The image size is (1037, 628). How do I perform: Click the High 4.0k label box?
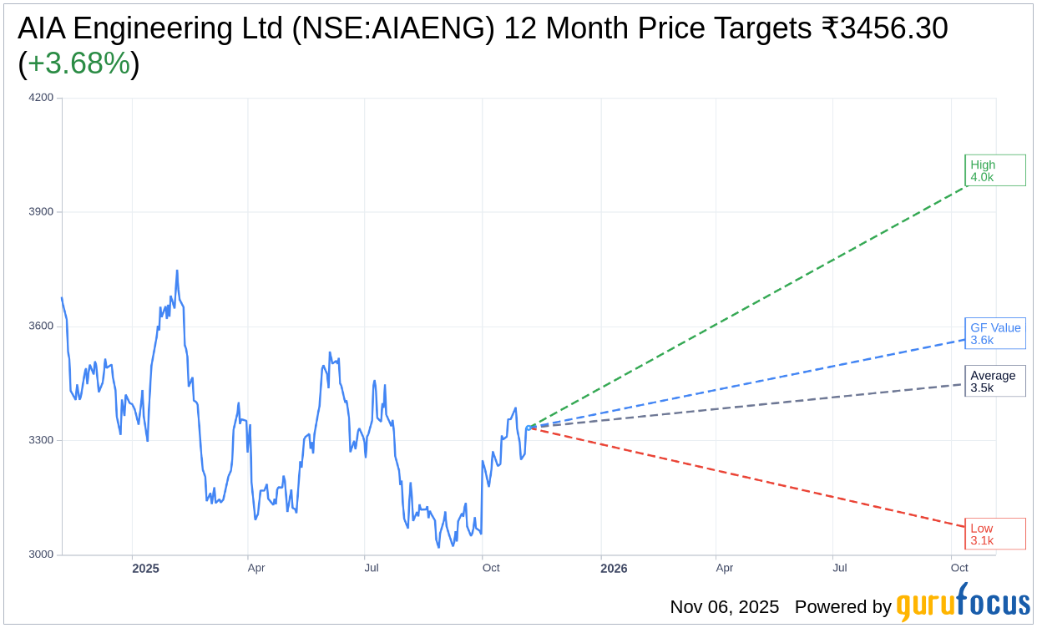pos(994,170)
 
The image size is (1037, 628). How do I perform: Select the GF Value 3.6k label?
pos(994,333)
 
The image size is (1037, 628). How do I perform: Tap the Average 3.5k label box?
pos(994,381)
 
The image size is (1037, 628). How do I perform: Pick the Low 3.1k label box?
pos(994,534)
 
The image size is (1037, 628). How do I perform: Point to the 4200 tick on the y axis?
pos(42,97)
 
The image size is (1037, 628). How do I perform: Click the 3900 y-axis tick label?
pos(42,211)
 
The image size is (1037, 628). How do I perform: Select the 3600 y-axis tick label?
pos(42,326)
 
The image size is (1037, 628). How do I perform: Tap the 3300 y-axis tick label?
pos(42,440)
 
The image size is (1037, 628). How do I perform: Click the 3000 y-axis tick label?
pos(42,555)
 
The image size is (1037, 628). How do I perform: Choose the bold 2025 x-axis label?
pos(145,569)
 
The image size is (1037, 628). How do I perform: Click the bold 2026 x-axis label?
pos(614,569)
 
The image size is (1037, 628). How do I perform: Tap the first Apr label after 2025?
pos(256,568)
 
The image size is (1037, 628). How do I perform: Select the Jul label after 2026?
pos(840,568)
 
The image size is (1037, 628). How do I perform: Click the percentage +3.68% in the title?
pos(78,63)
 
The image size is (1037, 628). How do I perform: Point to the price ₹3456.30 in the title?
pos(884,28)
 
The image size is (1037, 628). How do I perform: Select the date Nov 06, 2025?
pos(724,607)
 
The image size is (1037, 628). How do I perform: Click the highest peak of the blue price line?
pos(177,271)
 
